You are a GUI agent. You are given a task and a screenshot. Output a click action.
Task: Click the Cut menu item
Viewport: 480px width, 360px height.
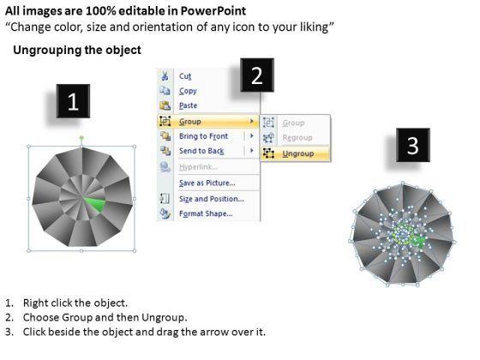(x=185, y=75)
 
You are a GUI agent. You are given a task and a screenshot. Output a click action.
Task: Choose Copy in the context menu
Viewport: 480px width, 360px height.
(x=188, y=91)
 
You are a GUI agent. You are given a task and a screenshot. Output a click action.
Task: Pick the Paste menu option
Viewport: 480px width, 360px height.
(x=189, y=106)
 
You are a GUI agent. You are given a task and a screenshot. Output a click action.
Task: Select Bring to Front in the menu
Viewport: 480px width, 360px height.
(x=203, y=136)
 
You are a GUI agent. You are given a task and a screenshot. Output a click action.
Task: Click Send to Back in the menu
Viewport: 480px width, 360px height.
(x=201, y=152)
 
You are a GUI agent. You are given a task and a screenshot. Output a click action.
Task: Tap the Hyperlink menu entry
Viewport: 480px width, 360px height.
(x=199, y=167)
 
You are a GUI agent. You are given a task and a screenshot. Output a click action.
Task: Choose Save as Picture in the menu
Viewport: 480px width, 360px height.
(x=208, y=183)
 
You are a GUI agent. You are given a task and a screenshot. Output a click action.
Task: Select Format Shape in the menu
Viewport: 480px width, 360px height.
(x=206, y=214)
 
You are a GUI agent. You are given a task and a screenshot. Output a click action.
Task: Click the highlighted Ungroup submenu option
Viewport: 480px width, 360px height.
(x=297, y=153)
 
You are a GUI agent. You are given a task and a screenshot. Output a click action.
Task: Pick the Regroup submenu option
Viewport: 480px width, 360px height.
(x=296, y=138)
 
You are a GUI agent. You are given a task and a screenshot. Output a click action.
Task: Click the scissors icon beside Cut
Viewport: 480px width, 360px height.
(x=165, y=75)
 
